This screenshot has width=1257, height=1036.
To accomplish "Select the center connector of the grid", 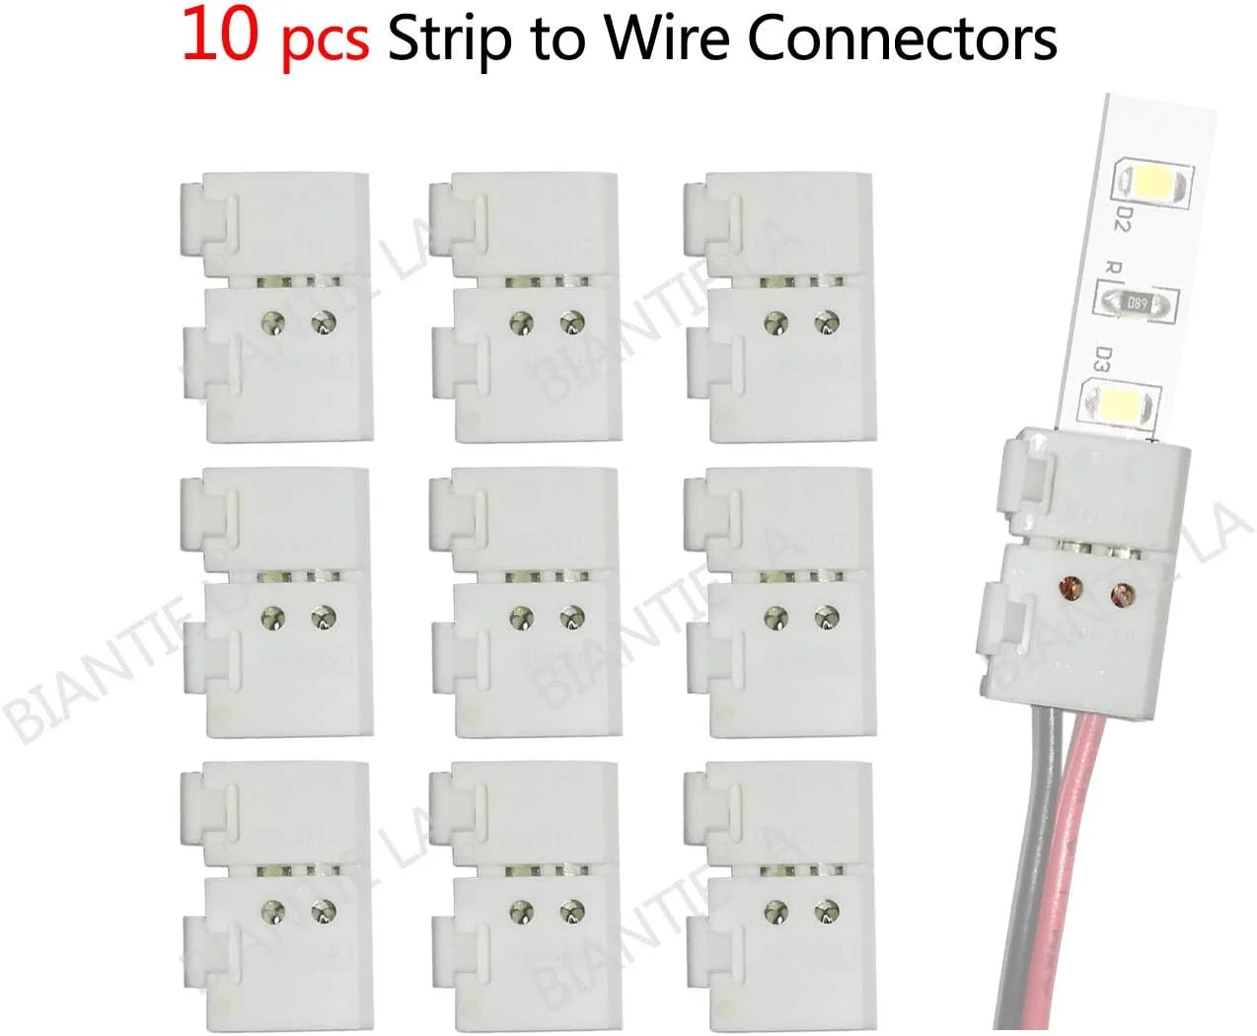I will tap(523, 602).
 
